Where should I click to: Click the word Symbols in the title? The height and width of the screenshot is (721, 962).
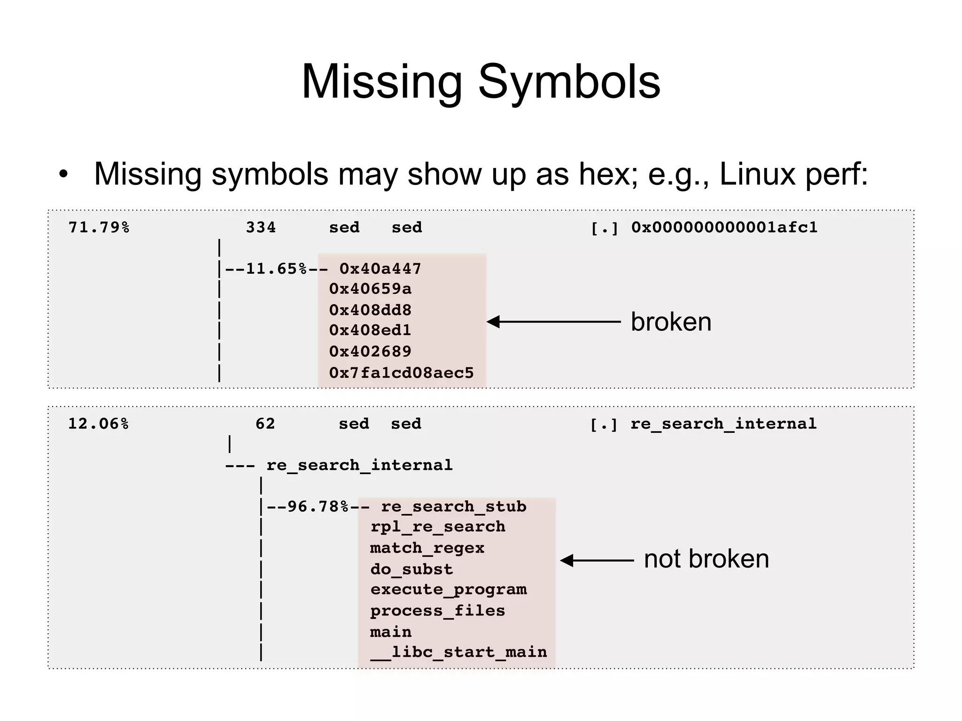pos(569,83)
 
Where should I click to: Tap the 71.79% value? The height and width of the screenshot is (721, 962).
pos(99,228)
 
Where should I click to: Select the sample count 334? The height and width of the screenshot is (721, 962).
pos(261,228)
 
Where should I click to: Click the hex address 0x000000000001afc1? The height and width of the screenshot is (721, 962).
pos(724,228)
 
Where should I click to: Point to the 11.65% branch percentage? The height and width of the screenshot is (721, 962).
pos(276,269)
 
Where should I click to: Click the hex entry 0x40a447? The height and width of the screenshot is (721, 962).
pos(380,269)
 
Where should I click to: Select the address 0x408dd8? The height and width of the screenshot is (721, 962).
pos(370,310)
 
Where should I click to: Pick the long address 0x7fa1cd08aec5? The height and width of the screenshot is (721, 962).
pos(401,373)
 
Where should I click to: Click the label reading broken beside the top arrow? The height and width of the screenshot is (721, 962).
pos(670,322)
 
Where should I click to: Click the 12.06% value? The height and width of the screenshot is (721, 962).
pos(98,424)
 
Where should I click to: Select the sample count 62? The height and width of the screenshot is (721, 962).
pos(265,424)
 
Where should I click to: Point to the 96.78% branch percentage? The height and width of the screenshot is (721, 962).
pos(318,507)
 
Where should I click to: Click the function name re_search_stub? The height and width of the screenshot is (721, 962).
pos(453,507)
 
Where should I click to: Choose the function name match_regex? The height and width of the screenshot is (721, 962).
pos(427,548)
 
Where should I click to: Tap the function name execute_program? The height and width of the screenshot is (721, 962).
pos(449,590)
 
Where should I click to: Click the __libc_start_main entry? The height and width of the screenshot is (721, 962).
pos(458,652)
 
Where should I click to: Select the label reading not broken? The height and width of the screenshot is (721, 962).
pos(706,559)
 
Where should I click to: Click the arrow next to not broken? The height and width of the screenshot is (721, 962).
pos(597,560)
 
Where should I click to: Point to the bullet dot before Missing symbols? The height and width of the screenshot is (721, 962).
pos(63,175)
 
